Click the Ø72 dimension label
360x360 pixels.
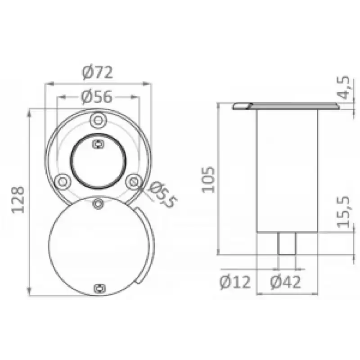(x=97, y=72)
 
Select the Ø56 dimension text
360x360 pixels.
(x=97, y=97)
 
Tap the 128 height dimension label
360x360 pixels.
(x=18, y=200)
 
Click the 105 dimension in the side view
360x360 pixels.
(x=208, y=180)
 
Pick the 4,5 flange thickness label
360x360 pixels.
(x=343, y=87)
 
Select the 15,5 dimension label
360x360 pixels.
(x=343, y=212)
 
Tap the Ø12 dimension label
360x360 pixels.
(x=235, y=282)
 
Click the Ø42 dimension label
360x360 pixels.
(x=285, y=282)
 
